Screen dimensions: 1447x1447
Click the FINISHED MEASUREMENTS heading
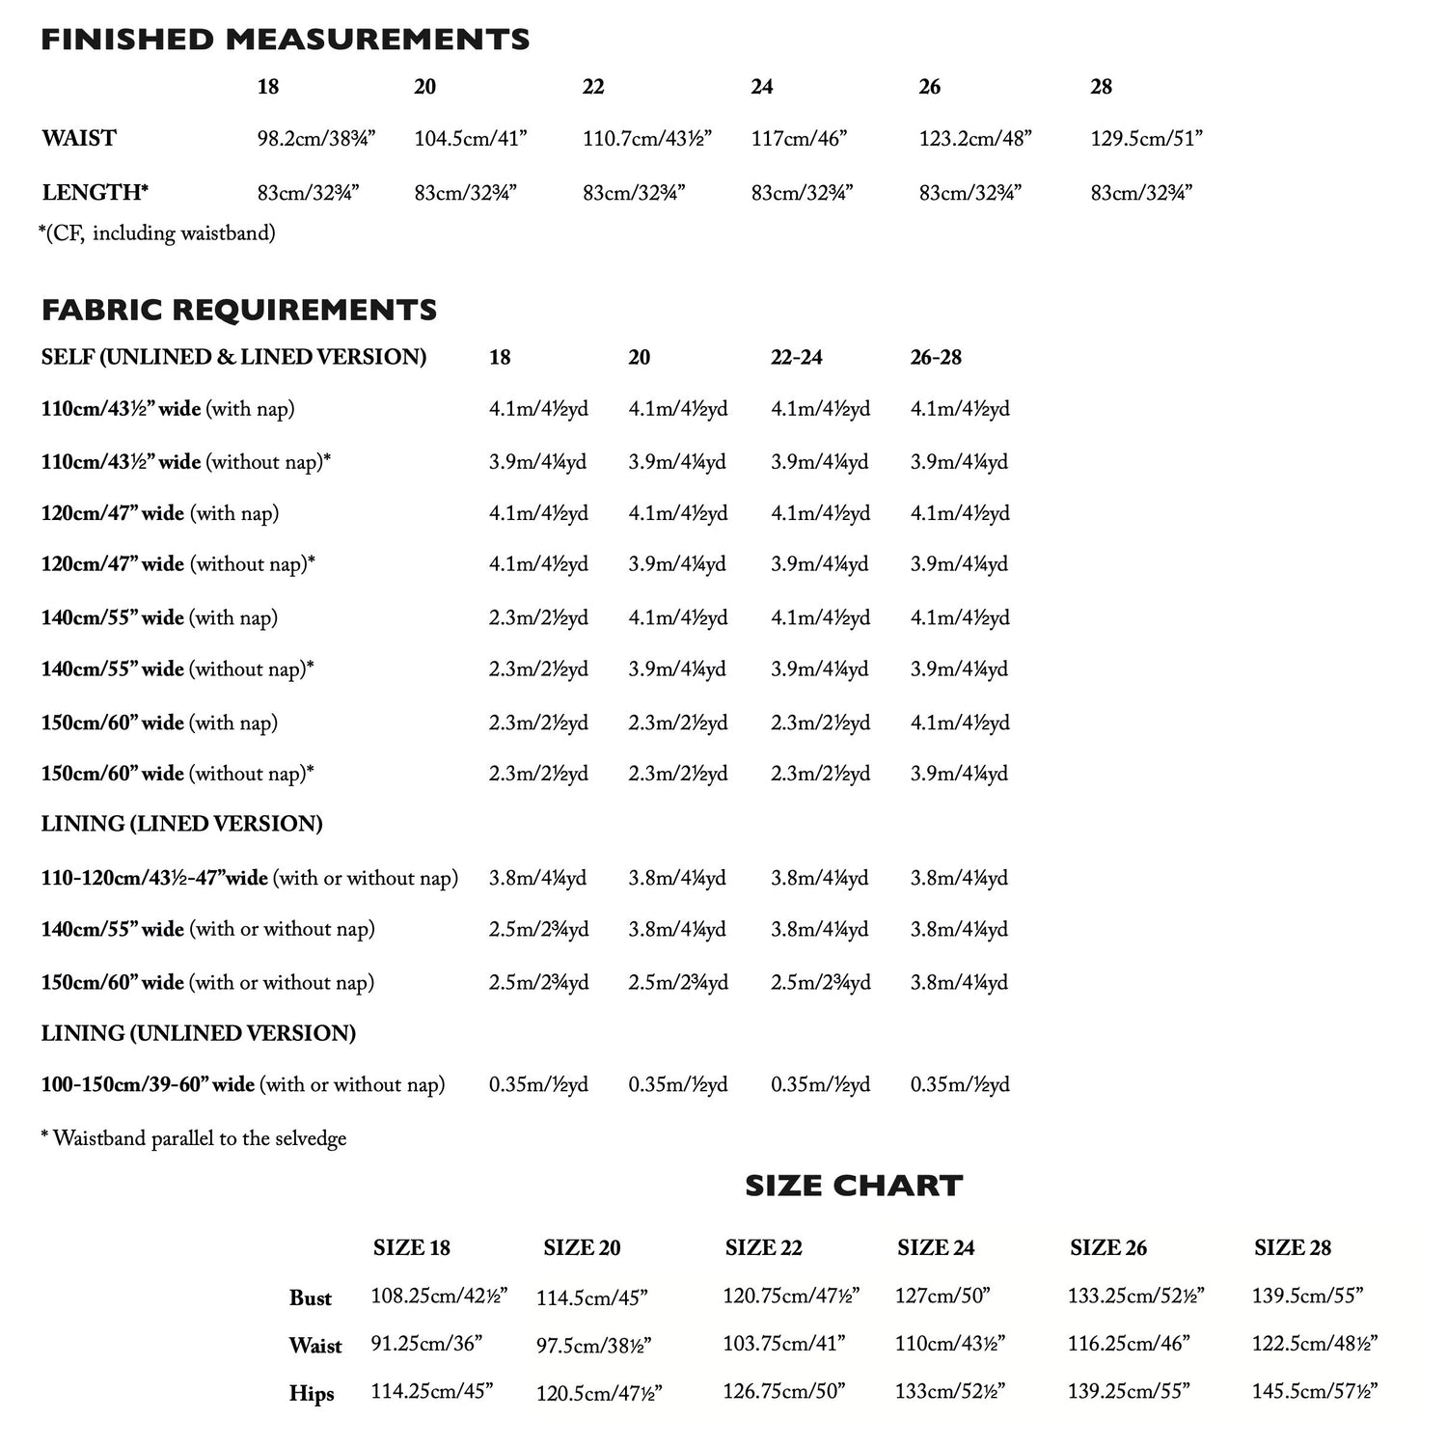pyautogui.click(x=285, y=40)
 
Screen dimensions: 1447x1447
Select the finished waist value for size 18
pyautogui.click(x=315, y=138)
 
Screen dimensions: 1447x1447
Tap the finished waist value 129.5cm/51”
pyautogui.click(x=1146, y=138)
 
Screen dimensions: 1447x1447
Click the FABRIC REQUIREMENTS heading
pyautogui.click(x=239, y=310)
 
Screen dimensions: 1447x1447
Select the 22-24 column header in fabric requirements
pyautogui.click(x=796, y=357)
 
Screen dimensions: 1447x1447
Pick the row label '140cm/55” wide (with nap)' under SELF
pyautogui.click(x=159, y=617)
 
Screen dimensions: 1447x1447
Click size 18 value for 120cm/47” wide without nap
pyautogui.click(x=538, y=564)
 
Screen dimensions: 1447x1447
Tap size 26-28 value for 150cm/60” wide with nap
pyautogui.click(x=960, y=723)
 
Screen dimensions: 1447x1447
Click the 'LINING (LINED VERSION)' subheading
pyautogui.click(x=181, y=824)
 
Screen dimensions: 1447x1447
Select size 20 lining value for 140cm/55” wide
pyautogui.click(x=677, y=929)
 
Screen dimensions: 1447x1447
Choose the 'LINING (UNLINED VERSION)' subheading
pyautogui.click(x=198, y=1033)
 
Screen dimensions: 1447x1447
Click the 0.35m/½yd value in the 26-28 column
pyautogui.click(x=960, y=1084)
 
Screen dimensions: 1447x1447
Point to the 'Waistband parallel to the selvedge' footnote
pyautogui.click(x=194, y=1138)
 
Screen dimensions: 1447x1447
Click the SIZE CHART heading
pyautogui.click(x=854, y=1186)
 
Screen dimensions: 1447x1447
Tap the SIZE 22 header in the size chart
pyautogui.click(x=763, y=1247)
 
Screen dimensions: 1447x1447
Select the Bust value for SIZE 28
pyautogui.click(x=1307, y=1296)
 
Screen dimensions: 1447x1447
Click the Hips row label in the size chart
pyautogui.click(x=312, y=1393)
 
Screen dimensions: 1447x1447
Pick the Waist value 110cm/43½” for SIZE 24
pyautogui.click(x=950, y=1343)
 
